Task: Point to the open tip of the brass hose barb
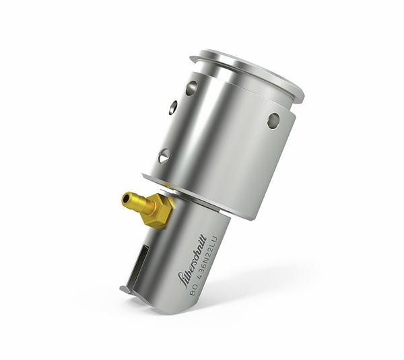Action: coord(125,198)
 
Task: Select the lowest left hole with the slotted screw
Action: coord(164,156)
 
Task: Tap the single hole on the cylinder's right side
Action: coord(273,120)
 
